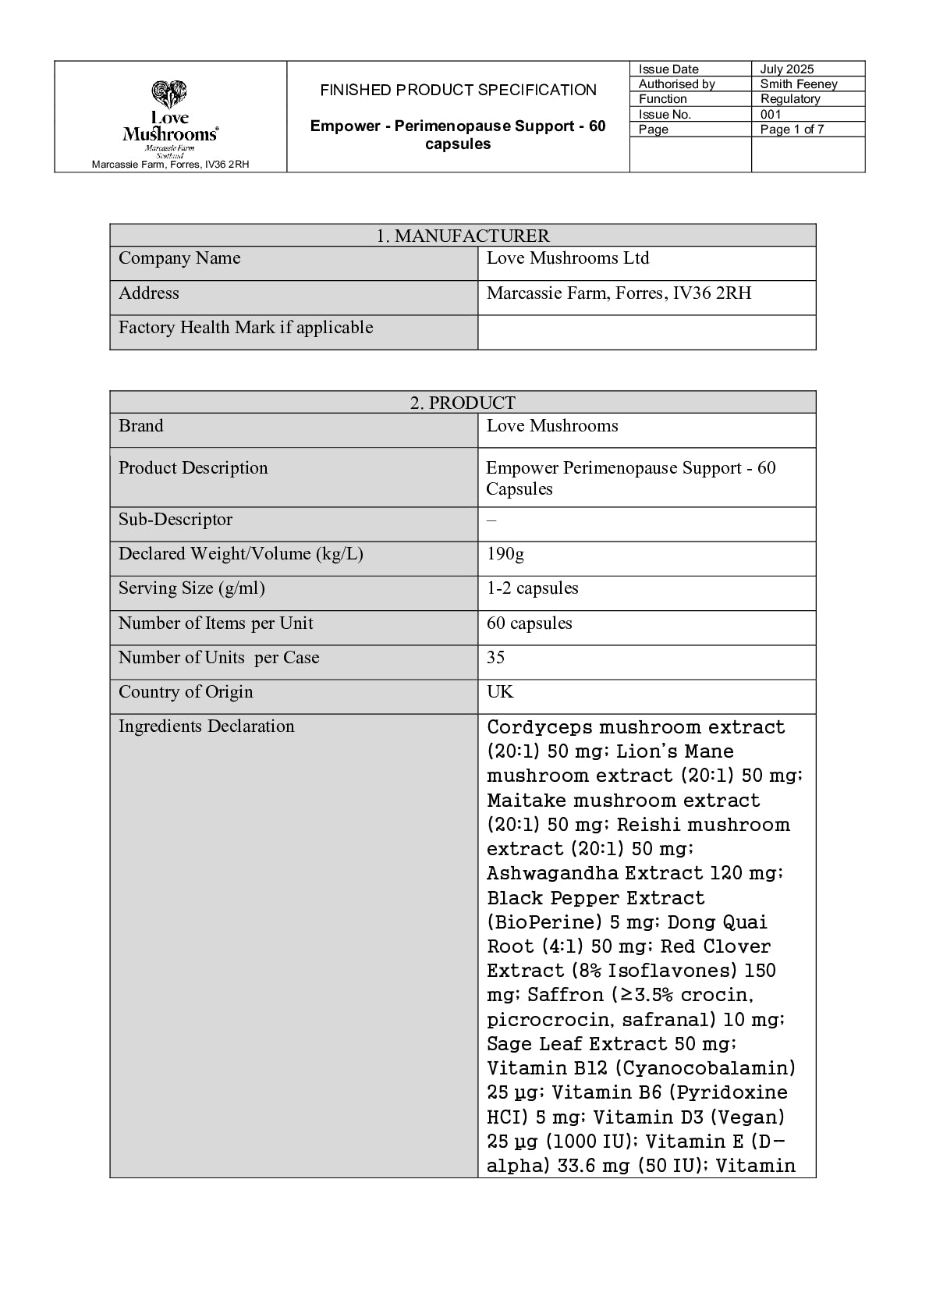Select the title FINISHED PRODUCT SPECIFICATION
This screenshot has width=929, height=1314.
pos(458,91)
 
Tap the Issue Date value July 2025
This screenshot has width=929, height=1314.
pos(787,69)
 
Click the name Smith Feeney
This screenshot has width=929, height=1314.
pos(799,84)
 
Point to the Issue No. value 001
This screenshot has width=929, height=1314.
pos(771,115)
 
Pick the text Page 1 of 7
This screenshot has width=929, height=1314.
pos(792,130)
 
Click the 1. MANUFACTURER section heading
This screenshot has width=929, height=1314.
pos(463,236)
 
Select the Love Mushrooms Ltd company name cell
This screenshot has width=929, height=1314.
pos(568,258)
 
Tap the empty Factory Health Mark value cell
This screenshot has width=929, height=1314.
pos(646,332)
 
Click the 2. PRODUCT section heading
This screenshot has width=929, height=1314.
pos(463,403)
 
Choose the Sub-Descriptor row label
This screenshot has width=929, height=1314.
pos(176,520)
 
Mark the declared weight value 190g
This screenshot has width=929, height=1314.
pos(505,554)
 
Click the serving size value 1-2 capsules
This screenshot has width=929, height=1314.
pos(533,588)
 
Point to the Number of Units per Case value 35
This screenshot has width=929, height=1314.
pos(496,658)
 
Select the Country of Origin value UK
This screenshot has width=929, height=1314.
pos(500,692)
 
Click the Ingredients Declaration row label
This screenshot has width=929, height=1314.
pos(207,726)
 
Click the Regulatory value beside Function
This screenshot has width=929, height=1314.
pos(790,99)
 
